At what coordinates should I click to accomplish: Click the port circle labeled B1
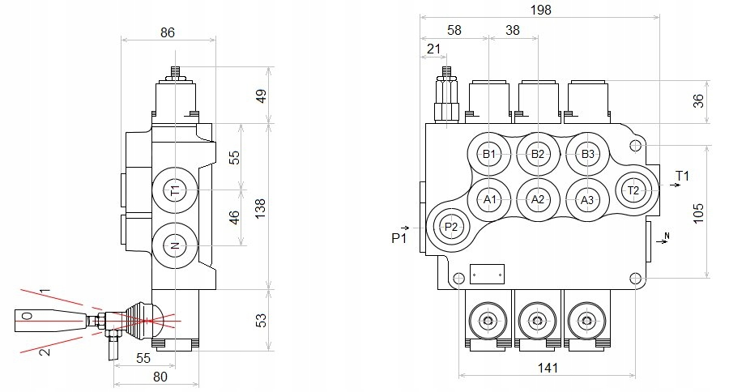[x=489, y=154]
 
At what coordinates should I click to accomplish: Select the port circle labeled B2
[x=537, y=154]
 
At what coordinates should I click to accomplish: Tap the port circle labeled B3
[x=587, y=154]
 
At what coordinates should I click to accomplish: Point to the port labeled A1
[x=489, y=199]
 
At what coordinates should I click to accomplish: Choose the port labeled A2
[x=537, y=199]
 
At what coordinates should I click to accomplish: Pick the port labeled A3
[x=587, y=199]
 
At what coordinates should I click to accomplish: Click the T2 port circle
[x=634, y=190]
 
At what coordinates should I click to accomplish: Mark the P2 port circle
[x=452, y=227]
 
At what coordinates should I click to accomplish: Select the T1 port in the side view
[x=173, y=190]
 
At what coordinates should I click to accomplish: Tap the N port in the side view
[x=173, y=245]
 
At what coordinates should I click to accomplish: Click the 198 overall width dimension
[x=539, y=10]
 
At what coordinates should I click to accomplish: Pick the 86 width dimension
[x=168, y=33]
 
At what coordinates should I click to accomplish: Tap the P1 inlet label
[x=398, y=238]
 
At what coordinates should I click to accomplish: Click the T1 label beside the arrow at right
[x=682, y=175]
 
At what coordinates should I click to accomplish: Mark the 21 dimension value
[x=433, y=50]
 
